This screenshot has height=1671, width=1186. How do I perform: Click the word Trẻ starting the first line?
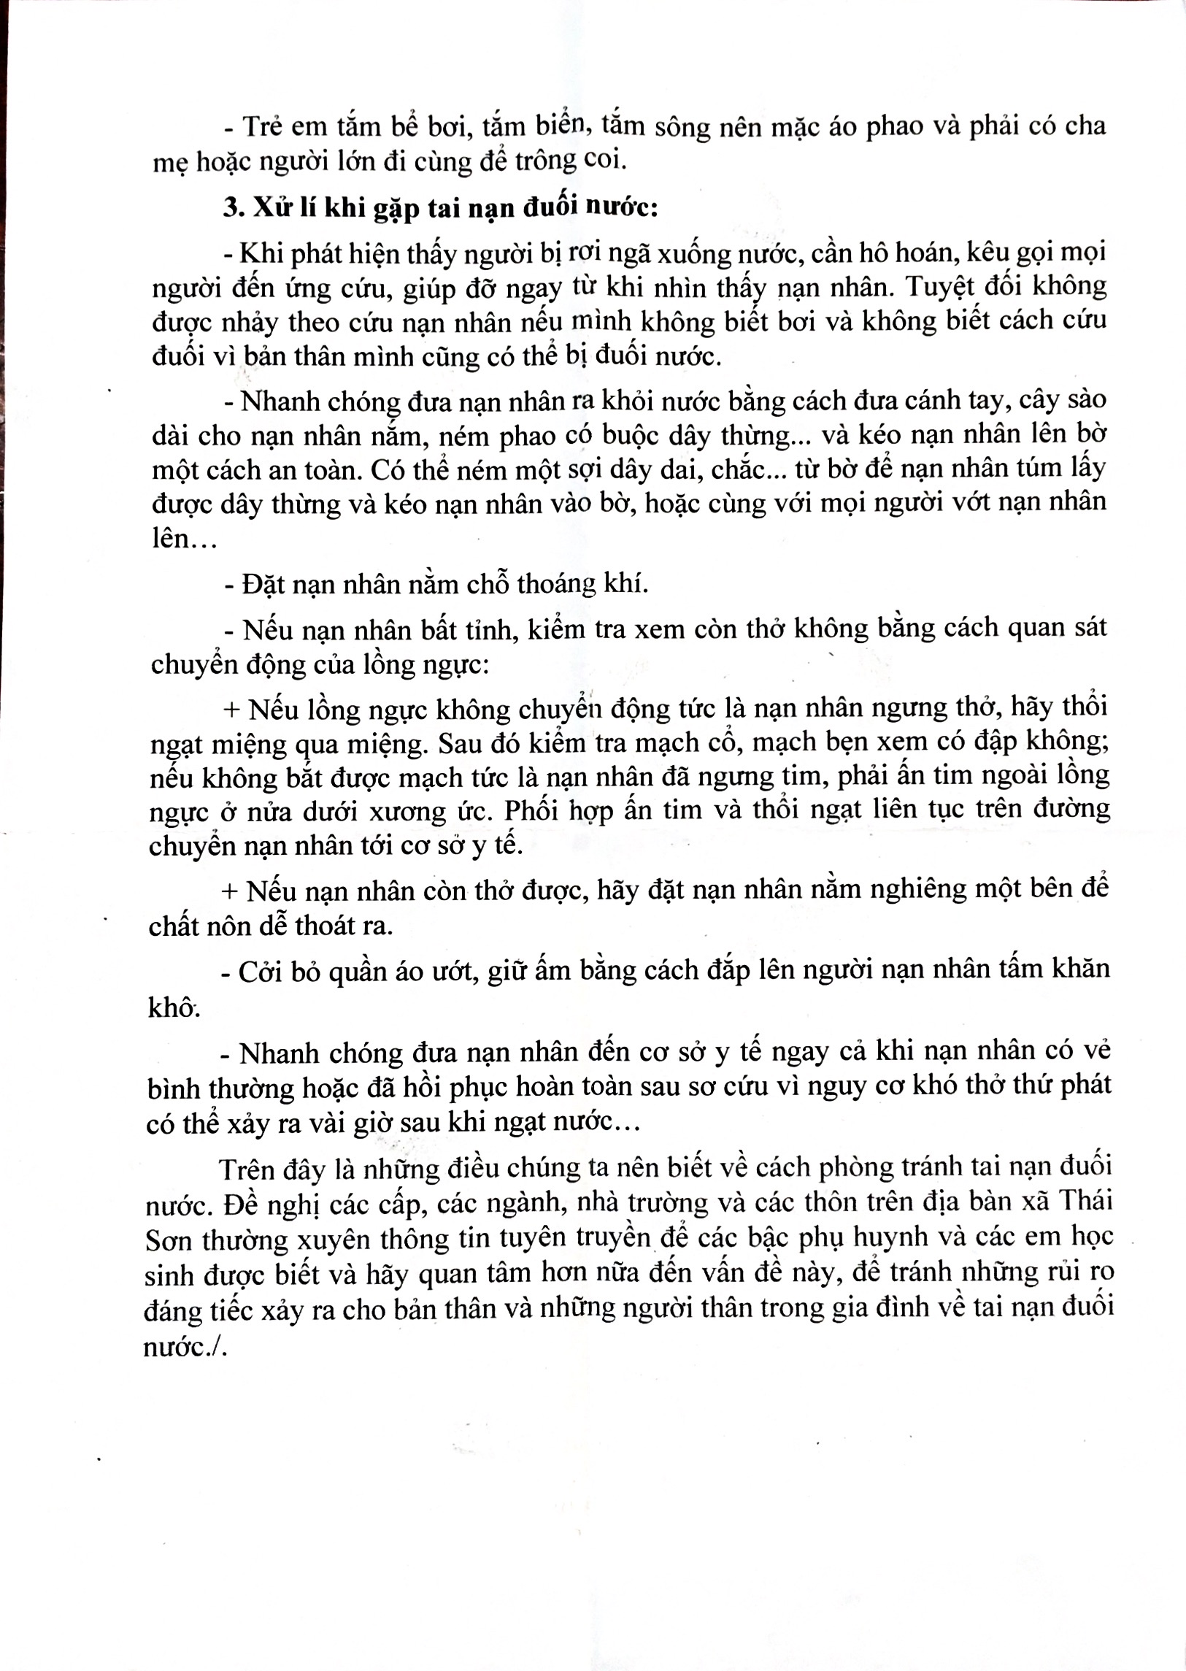pyautogui.click(x=262, y=126)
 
